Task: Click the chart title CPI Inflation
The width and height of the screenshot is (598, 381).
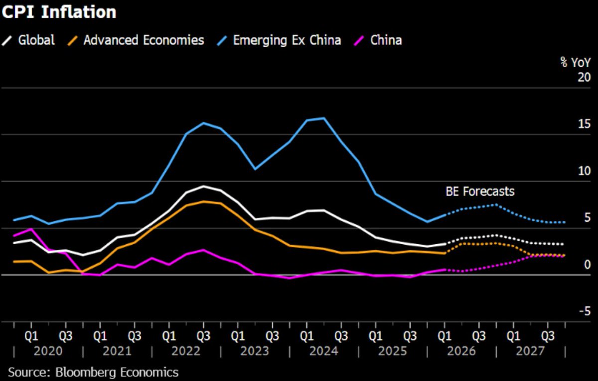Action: (59, 12)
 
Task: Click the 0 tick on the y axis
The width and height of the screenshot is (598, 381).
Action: (587, 265)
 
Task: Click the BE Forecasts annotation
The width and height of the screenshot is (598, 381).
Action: (479, 191)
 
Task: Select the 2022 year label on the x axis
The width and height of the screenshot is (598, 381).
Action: (186, 352)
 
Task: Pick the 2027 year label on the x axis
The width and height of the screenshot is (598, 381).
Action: (530, 352)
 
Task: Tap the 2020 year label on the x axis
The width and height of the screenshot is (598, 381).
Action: (48, 352)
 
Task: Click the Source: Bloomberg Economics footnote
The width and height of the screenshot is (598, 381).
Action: (93, 372)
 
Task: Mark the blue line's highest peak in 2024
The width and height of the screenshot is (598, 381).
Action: (324, 118)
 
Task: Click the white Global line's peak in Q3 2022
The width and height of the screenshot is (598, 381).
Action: (203, 186)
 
